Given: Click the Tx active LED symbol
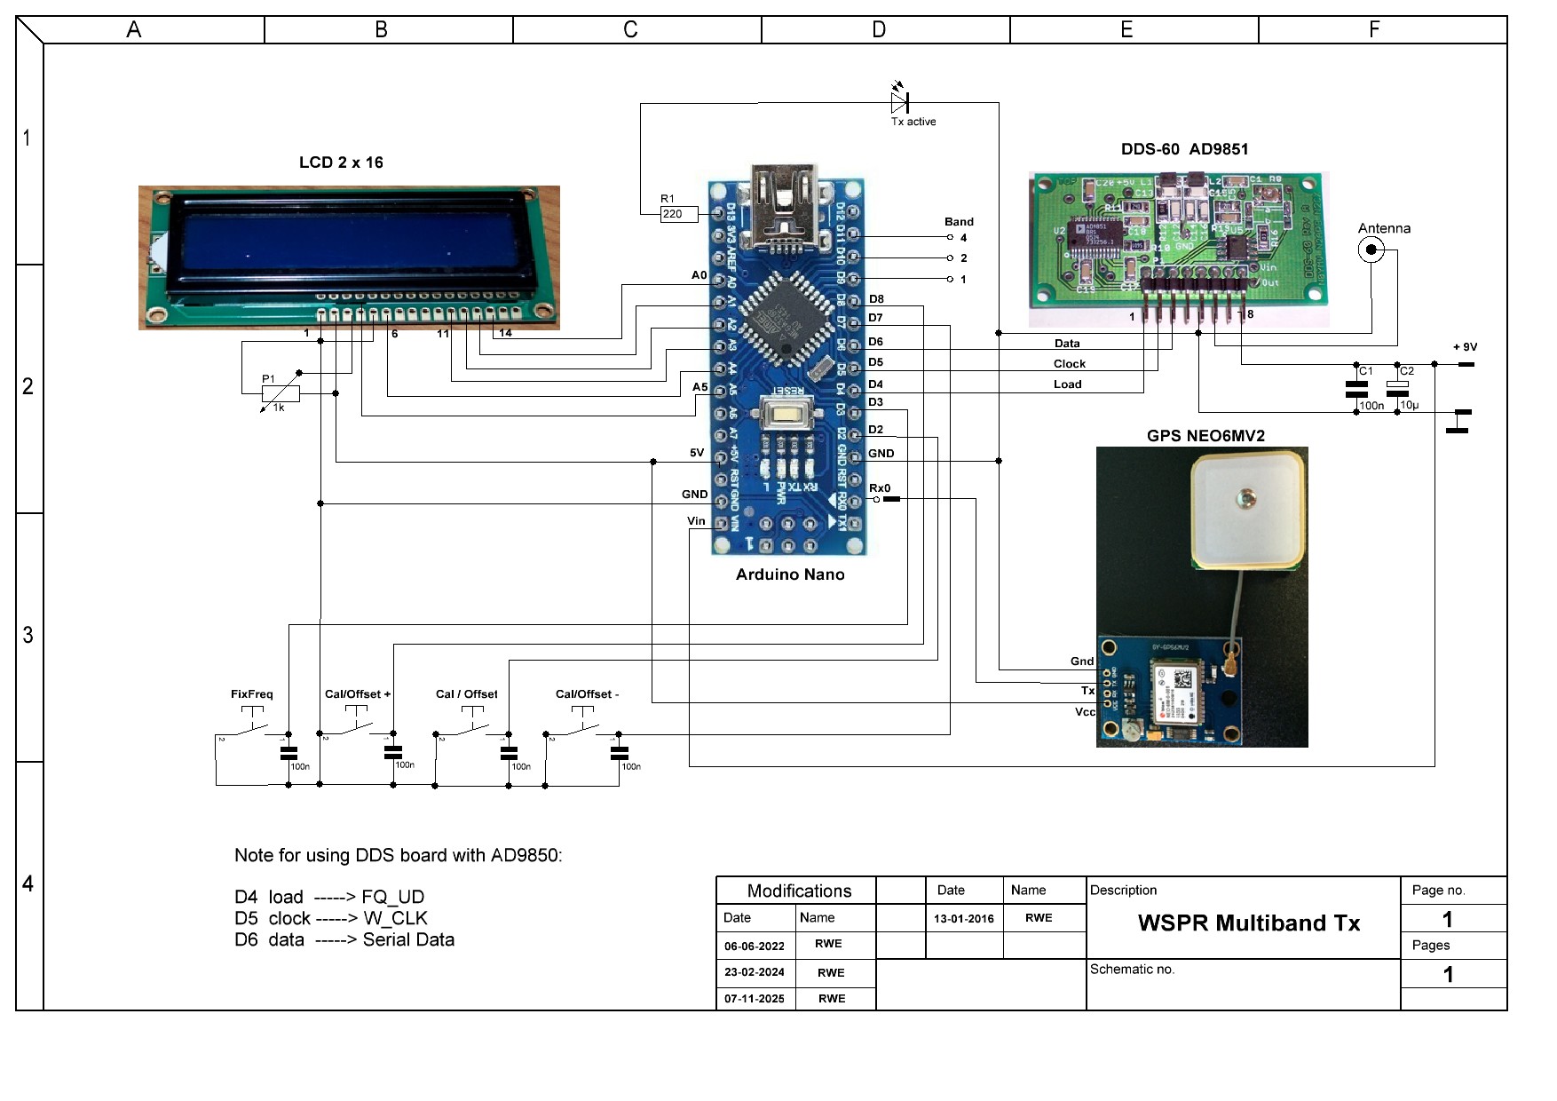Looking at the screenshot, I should [899, 101].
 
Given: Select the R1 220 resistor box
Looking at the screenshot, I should [679, 214].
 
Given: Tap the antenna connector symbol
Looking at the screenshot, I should [1371, 250].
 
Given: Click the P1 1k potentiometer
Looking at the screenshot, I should [281, 394].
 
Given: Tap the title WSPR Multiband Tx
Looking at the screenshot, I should [1248, 923].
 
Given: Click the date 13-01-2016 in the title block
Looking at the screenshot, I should [963, 919].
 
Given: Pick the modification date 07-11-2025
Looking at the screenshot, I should [754, 999].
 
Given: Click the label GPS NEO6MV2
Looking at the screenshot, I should [1205, 436].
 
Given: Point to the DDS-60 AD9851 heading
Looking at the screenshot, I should [1184, 149].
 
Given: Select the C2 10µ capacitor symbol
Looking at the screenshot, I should [1397, 389].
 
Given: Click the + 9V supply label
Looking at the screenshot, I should [1464, 347].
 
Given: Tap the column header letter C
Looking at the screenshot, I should [630, 30].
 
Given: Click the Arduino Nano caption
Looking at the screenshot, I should [789, 574].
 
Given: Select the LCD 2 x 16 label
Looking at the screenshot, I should [341, 162].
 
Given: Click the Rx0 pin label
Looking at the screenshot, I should [879, 488].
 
